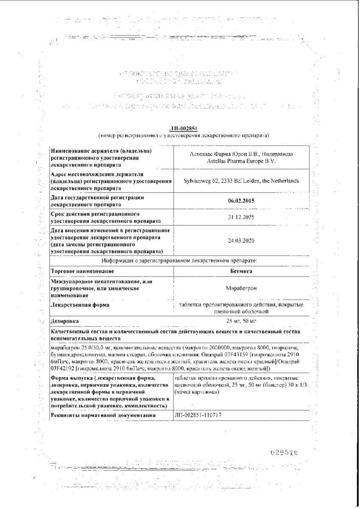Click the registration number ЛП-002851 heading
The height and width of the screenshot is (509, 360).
180,129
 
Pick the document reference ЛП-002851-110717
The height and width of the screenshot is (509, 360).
198,416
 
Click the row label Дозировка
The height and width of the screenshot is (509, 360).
64,321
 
